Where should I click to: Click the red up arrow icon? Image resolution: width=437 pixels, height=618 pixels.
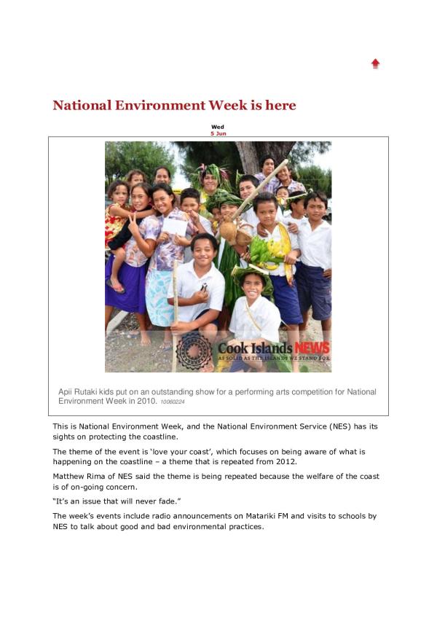click(376, 63)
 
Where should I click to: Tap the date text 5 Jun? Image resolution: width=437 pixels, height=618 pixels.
click(218, 134)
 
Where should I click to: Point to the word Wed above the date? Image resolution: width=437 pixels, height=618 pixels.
click(218, 128)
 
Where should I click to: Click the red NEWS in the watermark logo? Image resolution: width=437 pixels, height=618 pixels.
click(311, 348)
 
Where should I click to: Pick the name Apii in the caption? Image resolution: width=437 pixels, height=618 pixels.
click(66, 392)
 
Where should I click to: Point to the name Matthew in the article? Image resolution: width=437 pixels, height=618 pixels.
click(71, 477)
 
